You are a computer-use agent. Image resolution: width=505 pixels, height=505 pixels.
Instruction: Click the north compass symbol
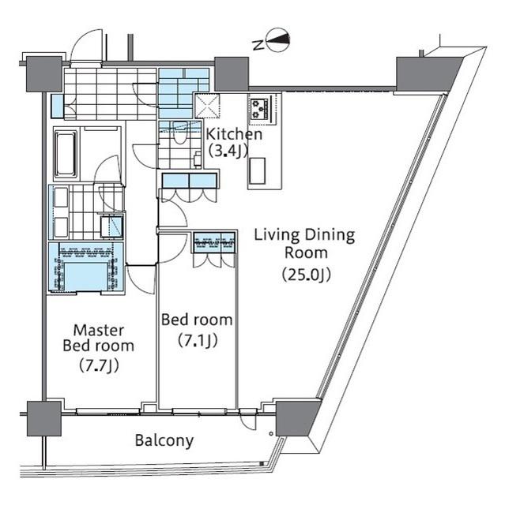tap(277, 40)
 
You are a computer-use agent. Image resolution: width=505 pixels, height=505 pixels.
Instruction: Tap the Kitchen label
tap(234, 134)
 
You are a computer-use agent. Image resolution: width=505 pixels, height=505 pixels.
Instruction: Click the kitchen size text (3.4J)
tap(228, 151)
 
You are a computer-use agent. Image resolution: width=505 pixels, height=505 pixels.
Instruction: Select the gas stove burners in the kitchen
tap(259, 109)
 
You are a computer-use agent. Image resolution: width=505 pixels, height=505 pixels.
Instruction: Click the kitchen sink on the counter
tap(257, 171)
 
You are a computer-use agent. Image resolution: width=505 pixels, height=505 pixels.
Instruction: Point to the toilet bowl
tap(180, 133)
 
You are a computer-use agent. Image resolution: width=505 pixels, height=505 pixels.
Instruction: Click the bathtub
tap(66, 154)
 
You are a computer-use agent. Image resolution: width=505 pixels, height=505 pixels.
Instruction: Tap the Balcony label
tap(164, 440)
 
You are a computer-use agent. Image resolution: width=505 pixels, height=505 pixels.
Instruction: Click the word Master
tap(99, 330)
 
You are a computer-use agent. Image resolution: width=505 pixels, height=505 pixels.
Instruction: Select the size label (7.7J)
tap(100, 365)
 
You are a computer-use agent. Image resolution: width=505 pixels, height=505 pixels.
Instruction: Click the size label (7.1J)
tap(198, 340)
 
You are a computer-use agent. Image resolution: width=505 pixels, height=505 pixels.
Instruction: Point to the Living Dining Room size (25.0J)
tap(307, 275)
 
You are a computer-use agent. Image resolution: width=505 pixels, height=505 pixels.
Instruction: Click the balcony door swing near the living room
tap(247, 421)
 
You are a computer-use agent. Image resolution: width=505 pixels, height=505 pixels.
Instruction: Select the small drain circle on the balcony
tap(271, 433)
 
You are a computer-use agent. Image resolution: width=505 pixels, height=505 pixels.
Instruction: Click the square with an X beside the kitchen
tap(207, 105)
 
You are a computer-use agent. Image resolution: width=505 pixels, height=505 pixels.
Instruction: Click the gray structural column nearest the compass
tap(232, 73)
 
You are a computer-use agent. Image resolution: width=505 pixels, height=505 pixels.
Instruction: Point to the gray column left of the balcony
tap(43, 418)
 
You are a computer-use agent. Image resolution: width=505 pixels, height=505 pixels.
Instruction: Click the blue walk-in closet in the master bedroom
tap(86, 267)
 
